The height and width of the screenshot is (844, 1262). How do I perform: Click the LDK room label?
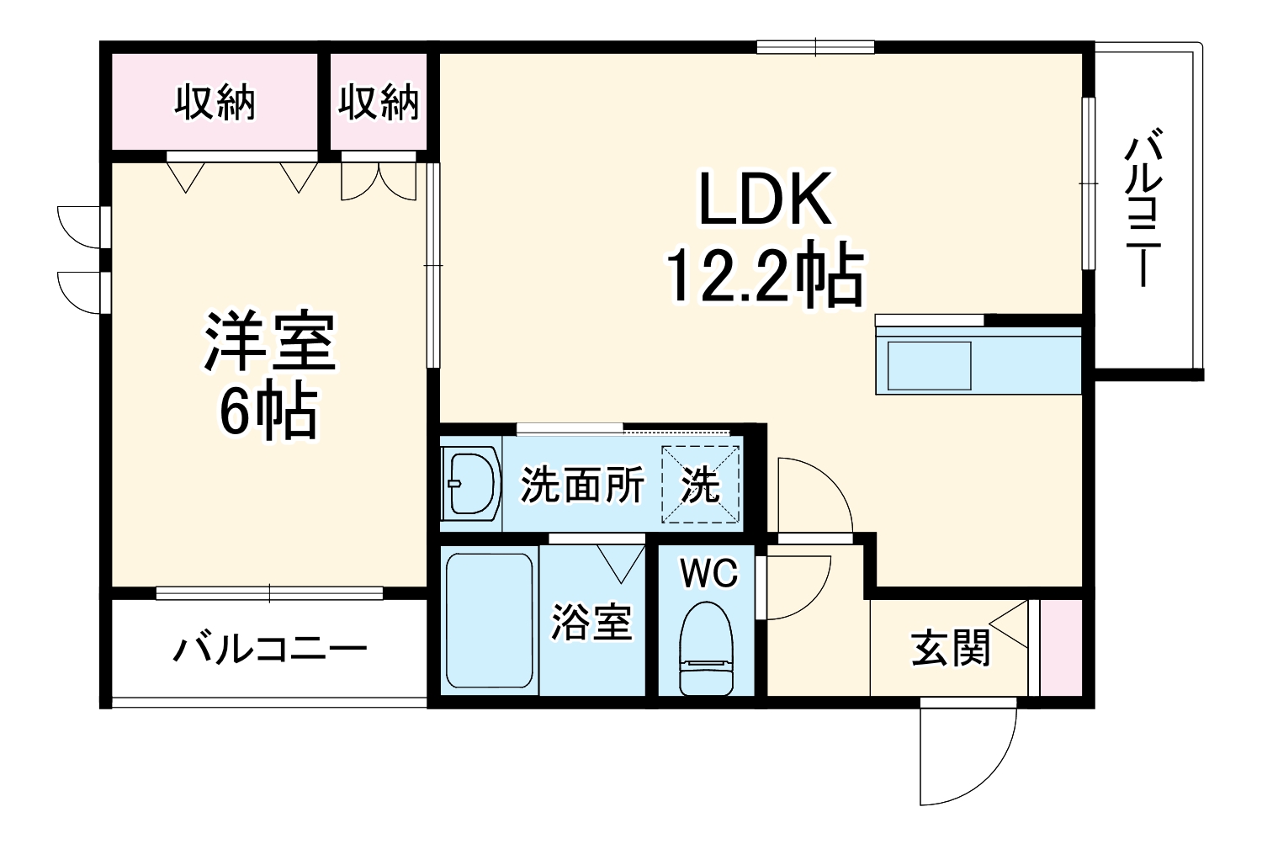[765, 199]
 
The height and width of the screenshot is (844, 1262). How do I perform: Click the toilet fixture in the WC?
[707, 648]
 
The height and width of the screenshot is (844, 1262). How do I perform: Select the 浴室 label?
[591, 623]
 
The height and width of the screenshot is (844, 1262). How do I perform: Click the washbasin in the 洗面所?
[471, 484]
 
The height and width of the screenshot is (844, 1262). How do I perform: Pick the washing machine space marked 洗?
[700, 485]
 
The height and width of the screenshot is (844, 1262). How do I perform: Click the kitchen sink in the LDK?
[925, 364]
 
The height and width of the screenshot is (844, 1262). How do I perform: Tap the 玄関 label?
[951, 649]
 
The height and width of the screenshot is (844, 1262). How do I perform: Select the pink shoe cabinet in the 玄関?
[1061, 648]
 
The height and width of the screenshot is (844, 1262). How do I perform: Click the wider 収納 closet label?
[215, 103]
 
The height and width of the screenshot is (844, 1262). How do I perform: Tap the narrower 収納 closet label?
[379, 103]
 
